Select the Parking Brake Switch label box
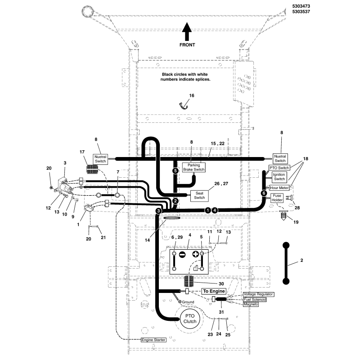193,167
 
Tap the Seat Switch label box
199,195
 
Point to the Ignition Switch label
279,177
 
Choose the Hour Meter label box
279,188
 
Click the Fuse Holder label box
277,197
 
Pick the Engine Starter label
153,340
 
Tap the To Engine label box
213,291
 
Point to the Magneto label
251,305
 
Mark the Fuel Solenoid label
255,299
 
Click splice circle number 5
175,171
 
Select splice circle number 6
264,193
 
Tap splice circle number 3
158,210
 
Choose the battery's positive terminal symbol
196,254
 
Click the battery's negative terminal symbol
182,254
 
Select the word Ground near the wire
188,302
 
